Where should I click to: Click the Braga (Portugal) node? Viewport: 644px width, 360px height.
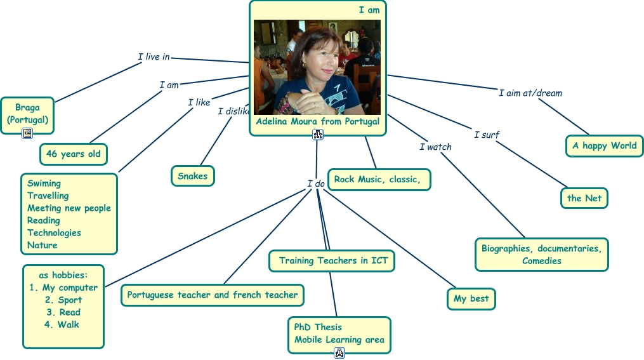pyautogui.click(x=27, y=114)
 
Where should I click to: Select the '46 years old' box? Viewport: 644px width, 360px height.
pyautogui.click(x=74, y=154)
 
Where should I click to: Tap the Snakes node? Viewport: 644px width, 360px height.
pyautogui.click(x=192, y=176)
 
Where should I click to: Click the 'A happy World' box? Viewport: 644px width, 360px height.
pyautogui.click(x=604, y=146)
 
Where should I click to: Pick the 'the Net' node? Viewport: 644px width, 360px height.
pyautogui.click(x=584, y=198)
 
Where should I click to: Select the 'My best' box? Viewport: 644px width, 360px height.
pyautogui.click(x=471, y=298)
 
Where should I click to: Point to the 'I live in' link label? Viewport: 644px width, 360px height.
pyautogui.click(x=154, y=57)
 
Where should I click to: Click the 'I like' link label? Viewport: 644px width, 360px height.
pyautogui.click(x=199, y=102)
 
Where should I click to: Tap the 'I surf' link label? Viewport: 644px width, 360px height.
pyautogui.click(x=487, y=135)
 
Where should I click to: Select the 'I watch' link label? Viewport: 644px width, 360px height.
pyautogui.click(x=435, y=147)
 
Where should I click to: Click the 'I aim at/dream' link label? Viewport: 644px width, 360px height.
pyautogui.click(x=530, y=93)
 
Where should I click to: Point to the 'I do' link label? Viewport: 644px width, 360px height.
pyautogui.click(x=316, y=184)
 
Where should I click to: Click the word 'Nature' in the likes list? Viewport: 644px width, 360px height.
pyautogui.click(x=43, y=245)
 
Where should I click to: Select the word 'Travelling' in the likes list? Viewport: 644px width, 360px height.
pyautogui.click(x=48, y=196)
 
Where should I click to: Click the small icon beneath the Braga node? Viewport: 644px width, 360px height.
pyautogui.click(x=27, y=133)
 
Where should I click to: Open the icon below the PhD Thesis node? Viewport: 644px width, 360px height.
pyautogui.click(x=339, y=353)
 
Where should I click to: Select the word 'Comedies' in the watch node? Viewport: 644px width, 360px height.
pyautogui.click(x=542, y=261)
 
